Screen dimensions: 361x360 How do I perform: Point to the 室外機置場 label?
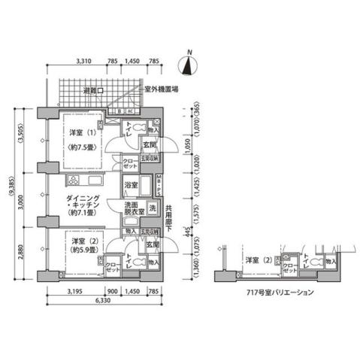click(161, 88)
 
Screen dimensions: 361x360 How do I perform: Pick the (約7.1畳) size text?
click(79, 214)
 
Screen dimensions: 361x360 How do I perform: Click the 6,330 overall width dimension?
click(104, 302)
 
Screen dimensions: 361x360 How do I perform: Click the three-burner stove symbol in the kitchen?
click(74, 180)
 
